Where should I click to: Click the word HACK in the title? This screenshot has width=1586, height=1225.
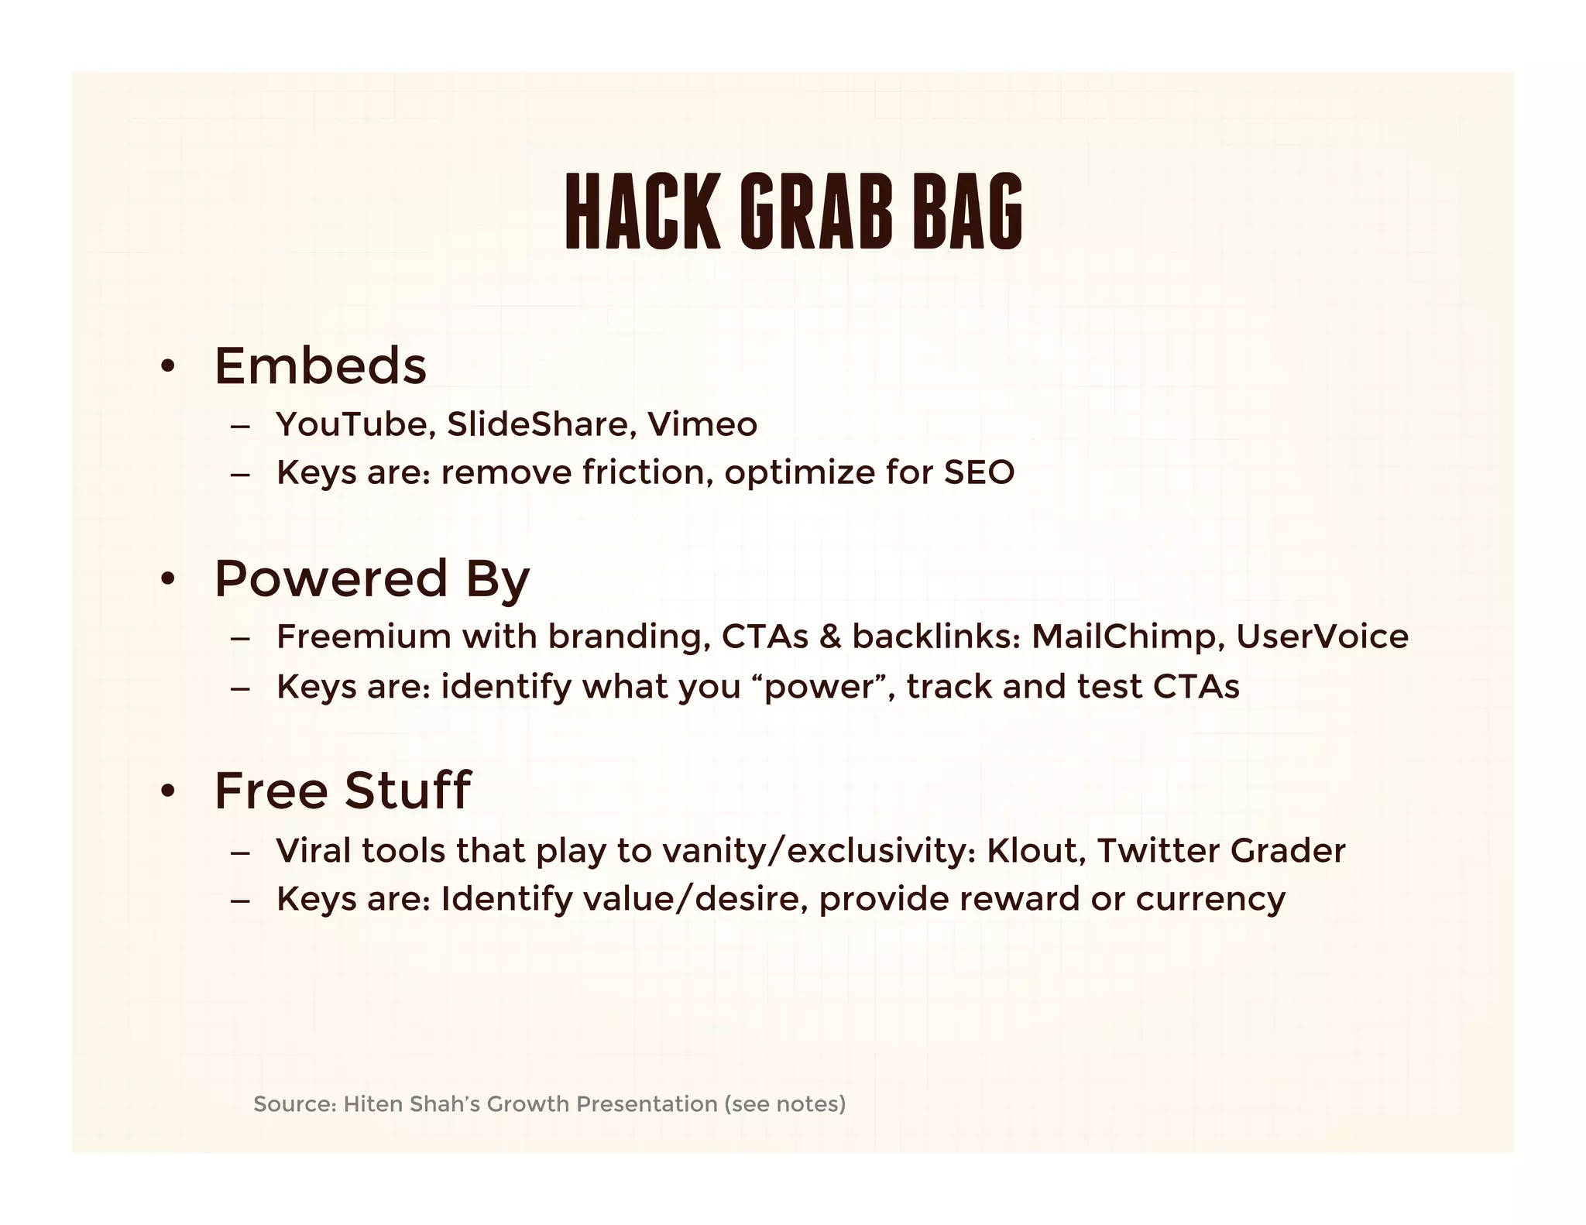point(643,211)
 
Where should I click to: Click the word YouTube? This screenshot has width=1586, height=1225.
point(355,424)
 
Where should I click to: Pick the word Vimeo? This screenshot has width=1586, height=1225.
point(702,424)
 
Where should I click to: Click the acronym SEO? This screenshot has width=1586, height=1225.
point(979,472)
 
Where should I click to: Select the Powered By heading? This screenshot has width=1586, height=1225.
point(372,578)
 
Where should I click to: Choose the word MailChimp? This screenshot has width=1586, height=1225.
point(1128,637)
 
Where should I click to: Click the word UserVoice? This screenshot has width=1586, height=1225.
point(1322,637)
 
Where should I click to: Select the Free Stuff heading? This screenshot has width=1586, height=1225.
point(342,791)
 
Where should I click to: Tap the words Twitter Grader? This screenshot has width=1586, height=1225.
point(1221,850)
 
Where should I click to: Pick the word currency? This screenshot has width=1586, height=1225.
point(1210,899)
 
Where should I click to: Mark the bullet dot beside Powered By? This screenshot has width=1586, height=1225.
point(167,580)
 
